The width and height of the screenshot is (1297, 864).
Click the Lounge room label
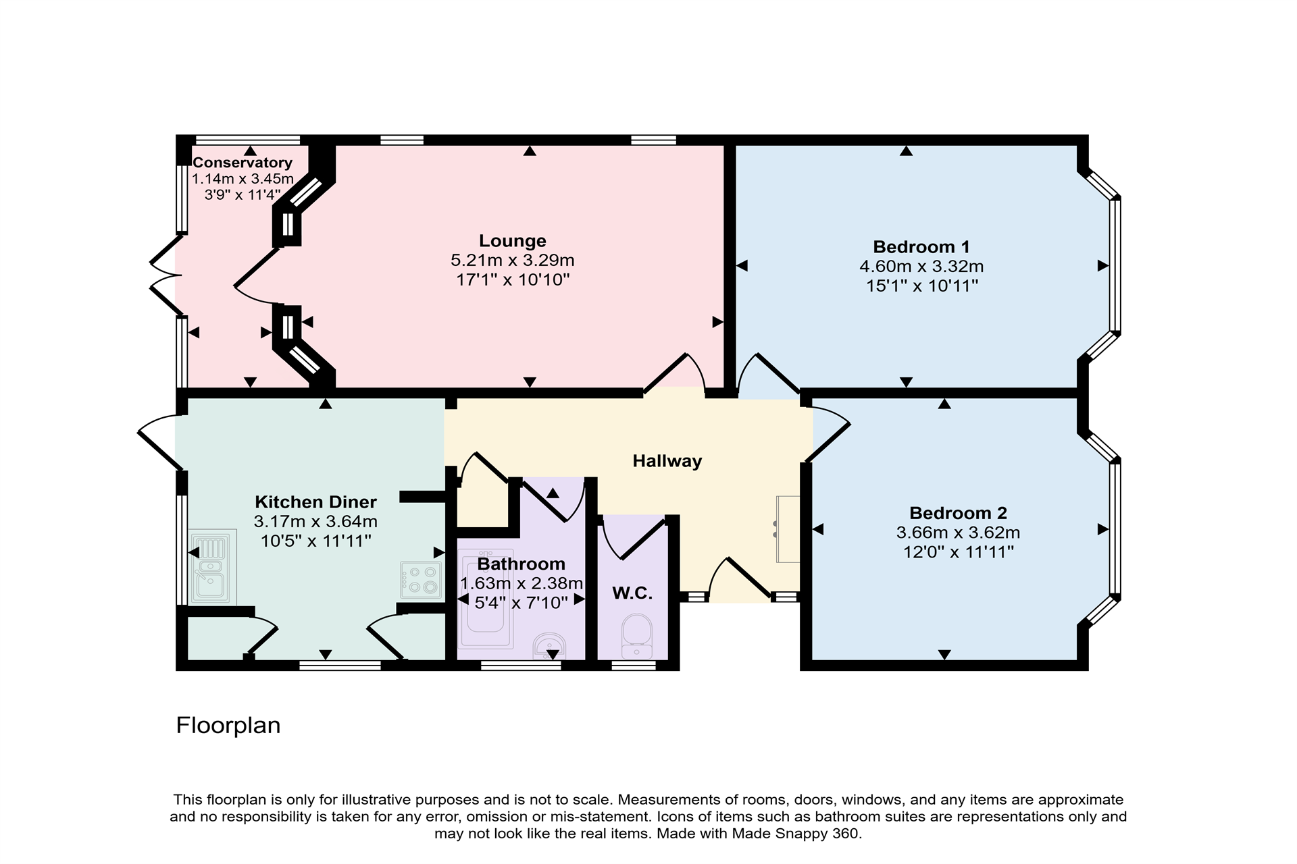click(x=512, y=241)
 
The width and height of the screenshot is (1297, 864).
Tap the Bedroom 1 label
click(x=921, y=247)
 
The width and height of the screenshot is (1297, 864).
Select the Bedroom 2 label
click(x=958, y=513)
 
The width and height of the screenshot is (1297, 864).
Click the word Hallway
click(x=667, y=461)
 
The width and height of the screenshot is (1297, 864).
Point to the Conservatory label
click(x=242, y=163)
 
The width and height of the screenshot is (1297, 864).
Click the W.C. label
click(x=632, y=593)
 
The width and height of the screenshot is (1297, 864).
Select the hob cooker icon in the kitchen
click(x=420, y=580)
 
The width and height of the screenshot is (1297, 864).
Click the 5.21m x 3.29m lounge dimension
click(x=512, y=261)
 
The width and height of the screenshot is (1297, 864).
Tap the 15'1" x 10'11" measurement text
click(x=921, y=286)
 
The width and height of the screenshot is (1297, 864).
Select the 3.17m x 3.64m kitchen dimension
click(x=315, y=522)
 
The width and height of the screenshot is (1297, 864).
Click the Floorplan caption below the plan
click(x=228, y=726)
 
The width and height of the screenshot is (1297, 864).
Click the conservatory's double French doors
click(x=164, y=275)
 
